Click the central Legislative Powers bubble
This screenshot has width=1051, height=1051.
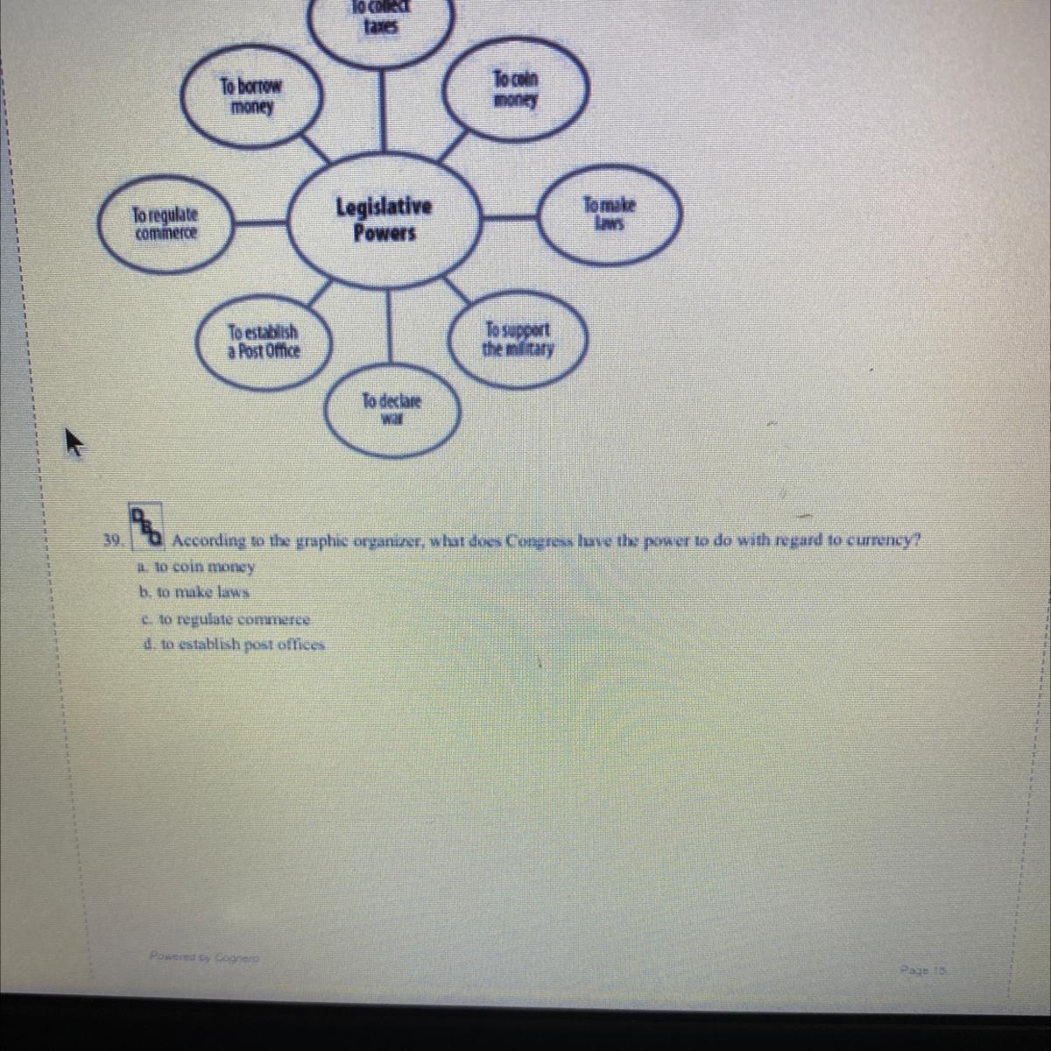pyautogui.click(x=384, y=220)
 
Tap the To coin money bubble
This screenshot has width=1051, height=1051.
pyautogui.click(x=516, y=89)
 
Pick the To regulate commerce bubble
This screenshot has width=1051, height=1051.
pyautogui.click(x=166, y=223)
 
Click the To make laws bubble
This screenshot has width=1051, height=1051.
pyautogui.click(x=610, y=215)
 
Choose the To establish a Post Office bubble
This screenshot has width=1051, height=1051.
pyautogui.click(x=263, y=342)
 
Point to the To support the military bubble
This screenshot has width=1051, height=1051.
pyautogui.click(x=518, y=340)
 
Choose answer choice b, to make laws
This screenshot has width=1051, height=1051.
pyautogui.click(x=194, y=592)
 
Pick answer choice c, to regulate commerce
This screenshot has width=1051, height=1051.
pyautogui.click(x=225, y=619)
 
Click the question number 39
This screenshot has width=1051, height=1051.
pyautogui.click(x=110, y=540)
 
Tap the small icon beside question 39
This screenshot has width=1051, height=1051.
pyautogui.click(x=146, y=523)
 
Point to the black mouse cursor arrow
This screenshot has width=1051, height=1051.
pyautogui.click(x=73, y=442)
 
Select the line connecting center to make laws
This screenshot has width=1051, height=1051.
pyautogui.click(x=510, y=216)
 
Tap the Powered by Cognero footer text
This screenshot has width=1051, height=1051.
pyautogui.click(x=203, y=958)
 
